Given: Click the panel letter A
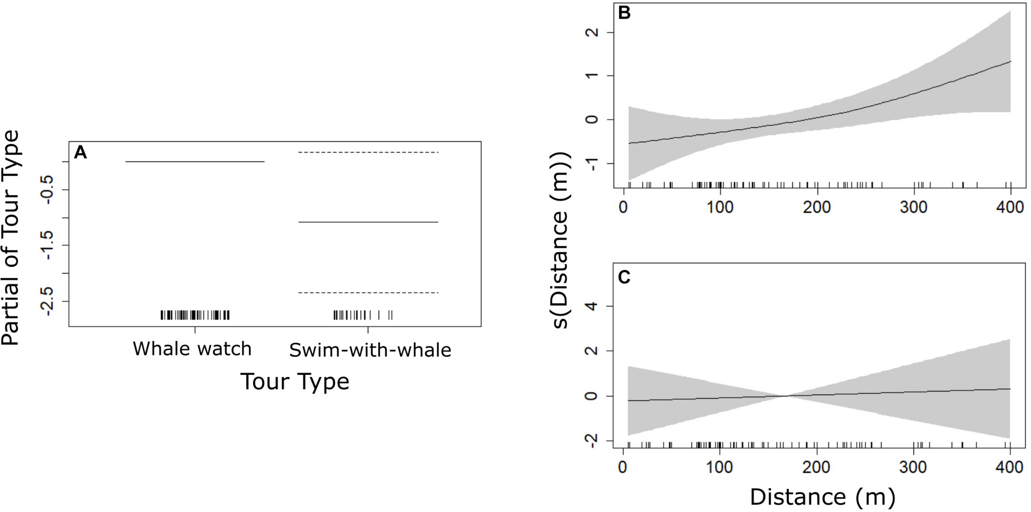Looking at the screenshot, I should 80,153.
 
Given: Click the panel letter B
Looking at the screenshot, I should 624,13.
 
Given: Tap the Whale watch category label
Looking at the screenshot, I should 192,349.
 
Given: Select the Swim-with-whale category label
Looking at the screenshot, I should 370,350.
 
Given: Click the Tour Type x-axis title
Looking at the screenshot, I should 294,381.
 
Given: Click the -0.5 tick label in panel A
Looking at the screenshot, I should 47,189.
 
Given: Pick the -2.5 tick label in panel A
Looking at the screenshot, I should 47,301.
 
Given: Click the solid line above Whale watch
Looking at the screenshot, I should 194,162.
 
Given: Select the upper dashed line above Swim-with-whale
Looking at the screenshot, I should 368,153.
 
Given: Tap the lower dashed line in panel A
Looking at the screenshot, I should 368,293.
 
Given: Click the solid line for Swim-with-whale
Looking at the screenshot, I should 368,222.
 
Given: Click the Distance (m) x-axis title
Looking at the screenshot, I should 822,497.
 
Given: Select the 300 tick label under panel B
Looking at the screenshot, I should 914,207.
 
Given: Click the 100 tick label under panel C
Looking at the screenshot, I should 720,467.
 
